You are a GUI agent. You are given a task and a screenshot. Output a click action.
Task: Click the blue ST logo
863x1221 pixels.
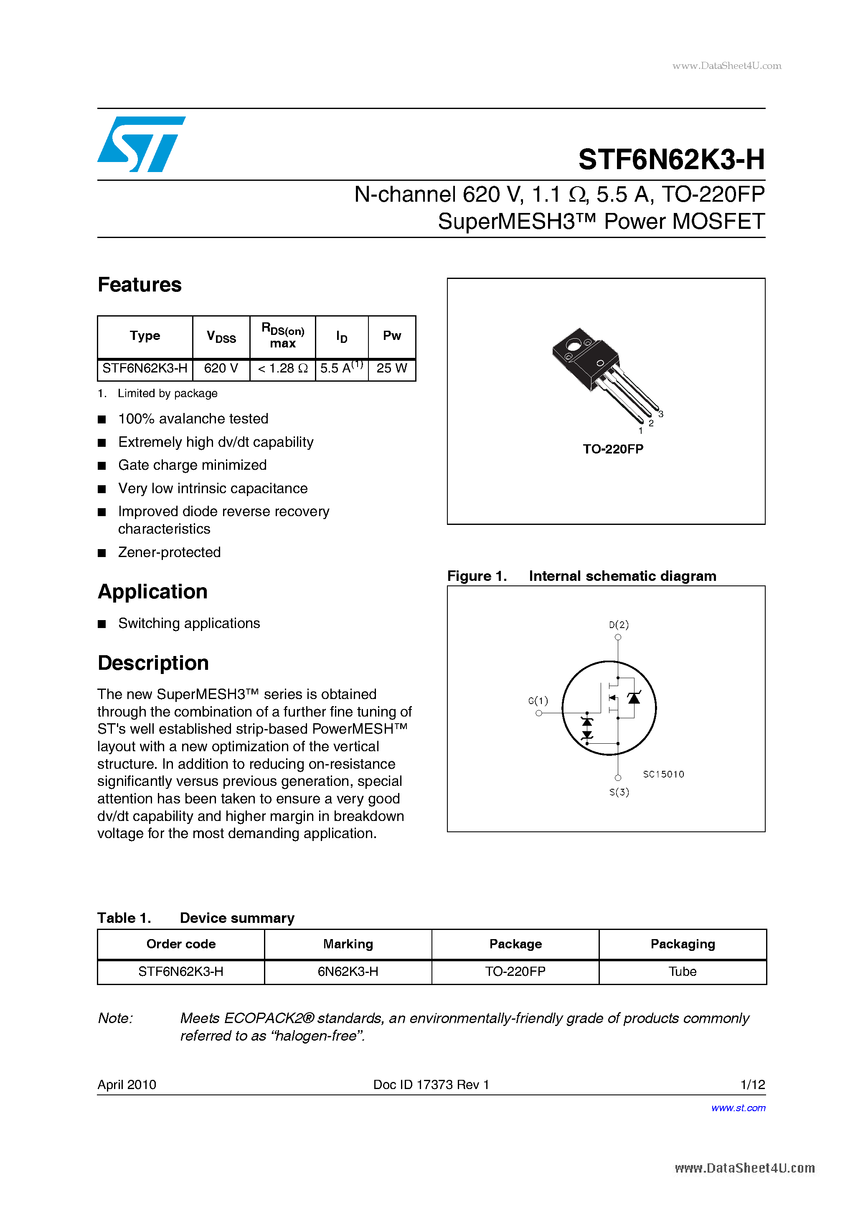[x=141, y=144]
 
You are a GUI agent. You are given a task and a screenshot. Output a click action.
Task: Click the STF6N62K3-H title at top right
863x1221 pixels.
[x=671, y=160]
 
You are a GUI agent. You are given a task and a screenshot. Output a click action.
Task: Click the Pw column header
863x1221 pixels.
[x=391, y=336]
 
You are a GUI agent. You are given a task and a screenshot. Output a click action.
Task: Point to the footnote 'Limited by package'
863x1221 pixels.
[x=167, y=393]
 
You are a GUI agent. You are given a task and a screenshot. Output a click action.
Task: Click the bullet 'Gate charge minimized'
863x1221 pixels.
[x=192, y=465]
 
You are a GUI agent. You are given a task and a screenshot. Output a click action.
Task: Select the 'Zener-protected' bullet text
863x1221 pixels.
[x=169, y=552]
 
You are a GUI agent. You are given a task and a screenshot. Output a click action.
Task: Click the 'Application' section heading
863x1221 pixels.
[x=153, y=592]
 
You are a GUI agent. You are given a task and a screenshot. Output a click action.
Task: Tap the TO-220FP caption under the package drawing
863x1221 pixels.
[x=613, y=449]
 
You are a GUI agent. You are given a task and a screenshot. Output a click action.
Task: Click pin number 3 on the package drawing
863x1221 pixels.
[x=661, y=414]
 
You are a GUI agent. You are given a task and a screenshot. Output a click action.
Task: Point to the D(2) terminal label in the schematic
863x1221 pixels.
[x=618, y=625]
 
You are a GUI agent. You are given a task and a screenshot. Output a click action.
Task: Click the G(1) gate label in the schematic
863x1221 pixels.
[x=538, y=701]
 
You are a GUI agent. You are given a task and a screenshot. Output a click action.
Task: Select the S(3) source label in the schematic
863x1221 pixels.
[x=619, y=793]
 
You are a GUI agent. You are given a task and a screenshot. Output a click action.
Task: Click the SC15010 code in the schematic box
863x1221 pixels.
[x=663, y=774]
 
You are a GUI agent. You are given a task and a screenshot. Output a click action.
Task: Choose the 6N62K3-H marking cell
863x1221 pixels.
[x=348, y=972]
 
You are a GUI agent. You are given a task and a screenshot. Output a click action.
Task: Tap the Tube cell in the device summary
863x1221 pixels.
[x=682, y=972]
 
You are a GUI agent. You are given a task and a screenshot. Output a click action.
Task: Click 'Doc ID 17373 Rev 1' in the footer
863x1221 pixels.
[x=431, y=1085]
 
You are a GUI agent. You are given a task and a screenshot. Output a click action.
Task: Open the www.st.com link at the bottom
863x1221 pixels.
[x=738, y=1108]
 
